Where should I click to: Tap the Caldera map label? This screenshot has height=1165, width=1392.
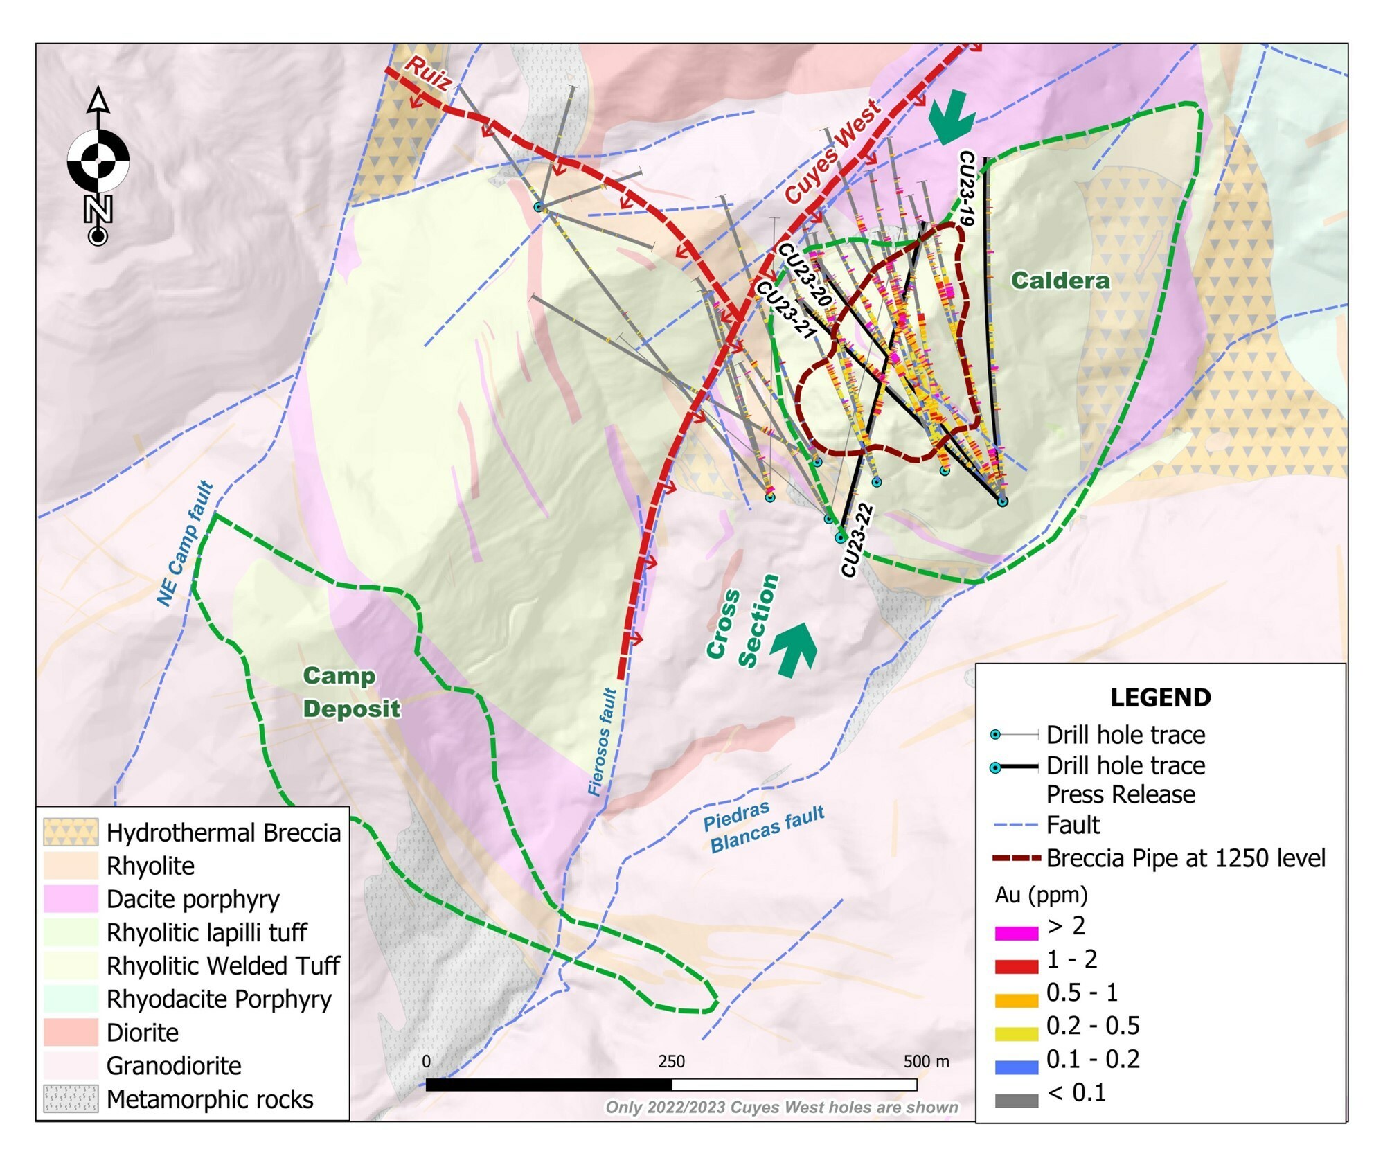click(1060, 280)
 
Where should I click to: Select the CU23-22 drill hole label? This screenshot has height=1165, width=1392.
click(857, 541)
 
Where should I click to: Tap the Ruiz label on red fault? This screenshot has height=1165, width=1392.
click(427, 73)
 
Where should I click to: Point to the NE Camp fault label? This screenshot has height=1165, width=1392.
click(185, 544)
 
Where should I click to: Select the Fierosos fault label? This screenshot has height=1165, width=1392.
click(601, 742)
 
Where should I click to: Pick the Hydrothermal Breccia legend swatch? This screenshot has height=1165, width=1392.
click(71, 832)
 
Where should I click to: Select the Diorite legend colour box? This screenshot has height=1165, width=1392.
click(71, 1032)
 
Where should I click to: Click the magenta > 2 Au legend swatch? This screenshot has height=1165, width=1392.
click(1016, 932)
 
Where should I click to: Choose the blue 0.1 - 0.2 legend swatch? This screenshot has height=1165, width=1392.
click(1016, 1066)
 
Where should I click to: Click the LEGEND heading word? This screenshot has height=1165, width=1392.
click(1160, 697)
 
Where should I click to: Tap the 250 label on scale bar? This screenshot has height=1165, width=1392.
click(671, 1061)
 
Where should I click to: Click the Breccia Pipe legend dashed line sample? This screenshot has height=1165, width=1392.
click(1016, 858)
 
